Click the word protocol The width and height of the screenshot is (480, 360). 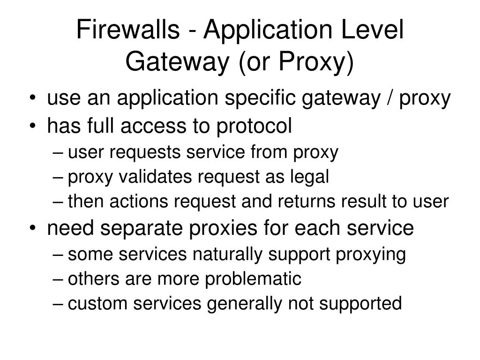coord(254,126)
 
